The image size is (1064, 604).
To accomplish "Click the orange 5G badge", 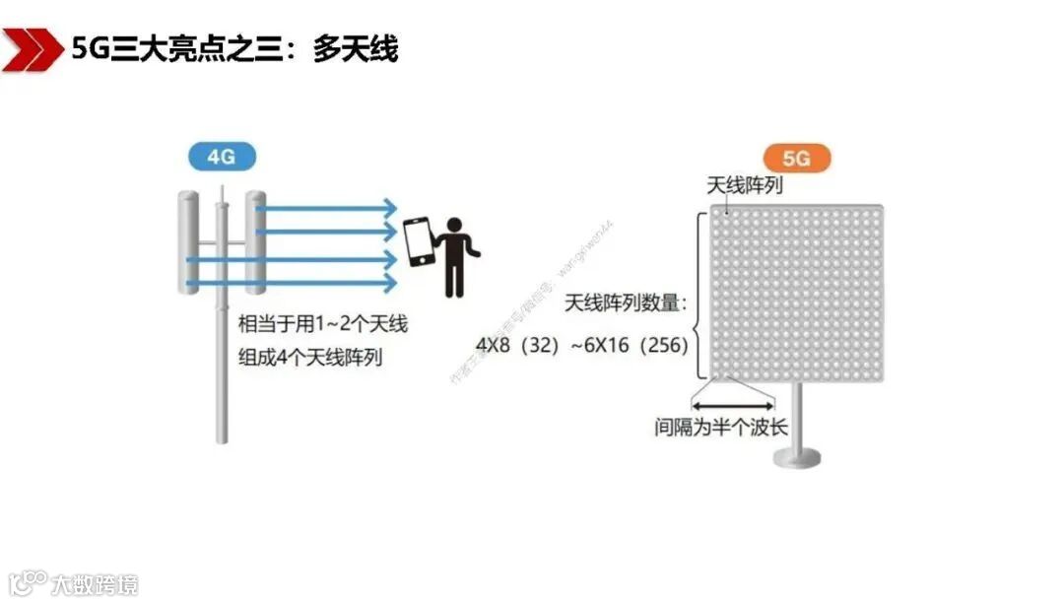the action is click(797, 158).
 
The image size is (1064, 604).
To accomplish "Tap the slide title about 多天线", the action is click(234, 48).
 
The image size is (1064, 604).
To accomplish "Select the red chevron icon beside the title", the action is click(30, 49).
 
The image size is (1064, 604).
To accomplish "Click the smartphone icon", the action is click(419, 241).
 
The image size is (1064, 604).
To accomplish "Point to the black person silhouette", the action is click(455, 254).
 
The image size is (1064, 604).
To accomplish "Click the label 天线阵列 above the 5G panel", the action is click(745, 185).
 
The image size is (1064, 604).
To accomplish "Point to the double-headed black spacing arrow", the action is click(733, 404).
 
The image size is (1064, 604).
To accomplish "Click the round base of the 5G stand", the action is click(798, 456).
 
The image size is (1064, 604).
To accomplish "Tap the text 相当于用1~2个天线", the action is click(323, 324).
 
